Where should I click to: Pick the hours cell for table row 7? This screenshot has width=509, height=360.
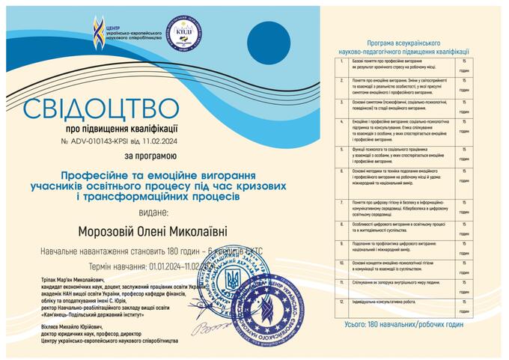tap(464, 206)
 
